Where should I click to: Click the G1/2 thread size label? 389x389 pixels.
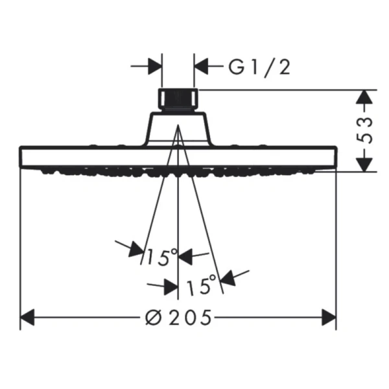click(259, 67)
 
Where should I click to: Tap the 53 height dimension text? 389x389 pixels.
click(364, 130)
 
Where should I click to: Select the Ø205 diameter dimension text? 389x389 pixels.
click(179, 317)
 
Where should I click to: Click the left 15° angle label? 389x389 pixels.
click(161, 257)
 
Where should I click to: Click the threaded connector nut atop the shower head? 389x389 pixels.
click(178, 99)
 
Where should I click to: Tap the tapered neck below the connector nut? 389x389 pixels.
click(178, 129)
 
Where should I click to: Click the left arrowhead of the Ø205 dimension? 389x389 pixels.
click(27, 317)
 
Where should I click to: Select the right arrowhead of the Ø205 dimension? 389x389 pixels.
click(329, 317)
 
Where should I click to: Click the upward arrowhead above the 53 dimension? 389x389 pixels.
click(364, 97)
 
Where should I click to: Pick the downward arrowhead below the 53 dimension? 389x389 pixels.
click(364, 165)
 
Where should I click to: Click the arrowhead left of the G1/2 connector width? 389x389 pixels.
click(155, 66)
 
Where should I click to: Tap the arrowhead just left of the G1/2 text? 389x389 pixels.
click(201, 66)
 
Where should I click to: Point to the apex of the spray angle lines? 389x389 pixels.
click(178, 124)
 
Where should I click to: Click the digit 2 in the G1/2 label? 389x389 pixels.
click(285, 67)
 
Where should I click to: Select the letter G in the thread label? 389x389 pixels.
click(236, 67)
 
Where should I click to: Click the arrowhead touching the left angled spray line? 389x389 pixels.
click(136, 249)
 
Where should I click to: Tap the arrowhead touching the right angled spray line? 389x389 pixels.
click(228, 278)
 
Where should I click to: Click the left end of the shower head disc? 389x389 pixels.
click(20, 157)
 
